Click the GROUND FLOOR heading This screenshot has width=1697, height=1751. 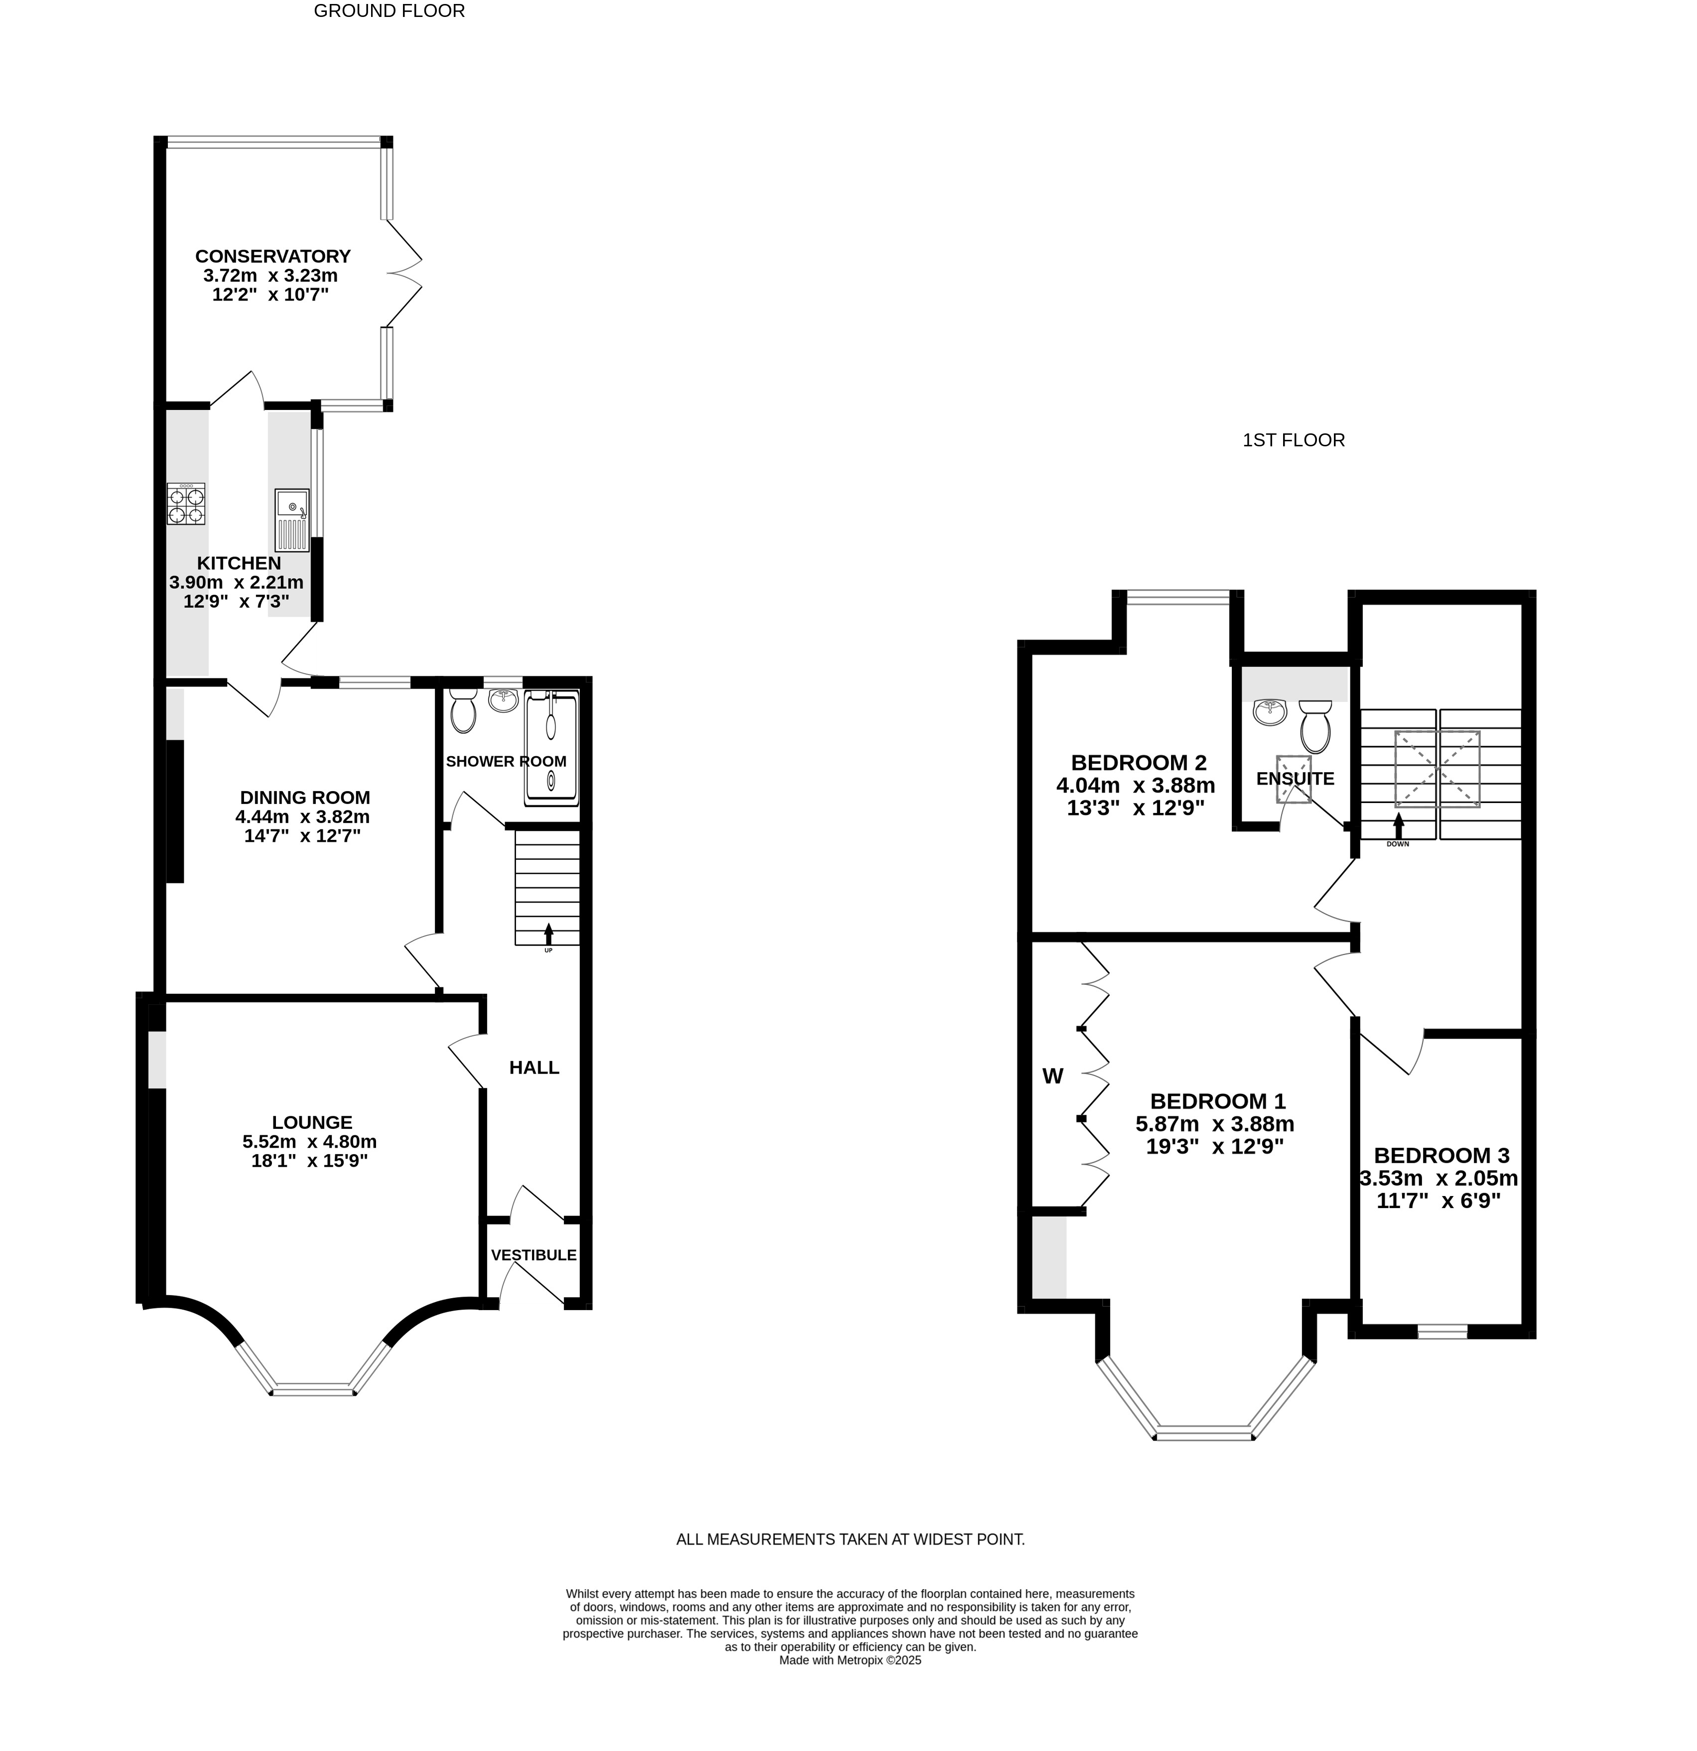390,11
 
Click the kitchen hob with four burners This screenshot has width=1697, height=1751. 186,504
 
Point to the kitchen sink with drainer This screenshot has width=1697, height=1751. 292,520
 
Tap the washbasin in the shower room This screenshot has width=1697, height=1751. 504,699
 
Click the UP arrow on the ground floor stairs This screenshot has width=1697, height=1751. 548,935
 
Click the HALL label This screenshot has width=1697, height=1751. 534,1068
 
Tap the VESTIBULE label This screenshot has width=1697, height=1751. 534,1255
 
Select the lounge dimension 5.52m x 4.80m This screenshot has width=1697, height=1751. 310,1142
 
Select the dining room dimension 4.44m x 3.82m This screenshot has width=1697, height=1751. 303,816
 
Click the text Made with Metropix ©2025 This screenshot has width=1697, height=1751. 850,1660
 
